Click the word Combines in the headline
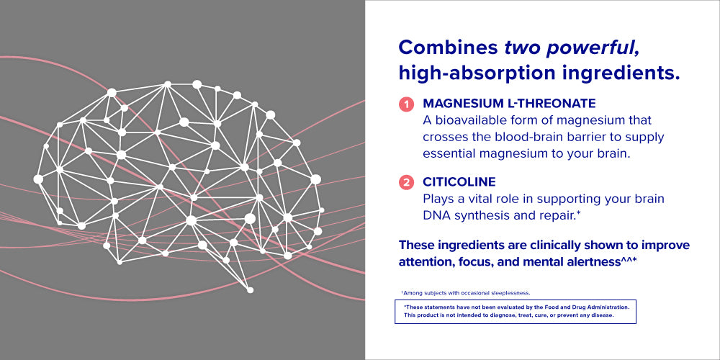(448, 48)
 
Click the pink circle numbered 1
(406, 104)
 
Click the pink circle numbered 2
(406, 183)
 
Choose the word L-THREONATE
(544, 103)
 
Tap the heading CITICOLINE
(459, 182)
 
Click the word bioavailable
(467, 120)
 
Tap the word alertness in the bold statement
(594, 262)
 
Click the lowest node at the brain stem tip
(251, 289)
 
